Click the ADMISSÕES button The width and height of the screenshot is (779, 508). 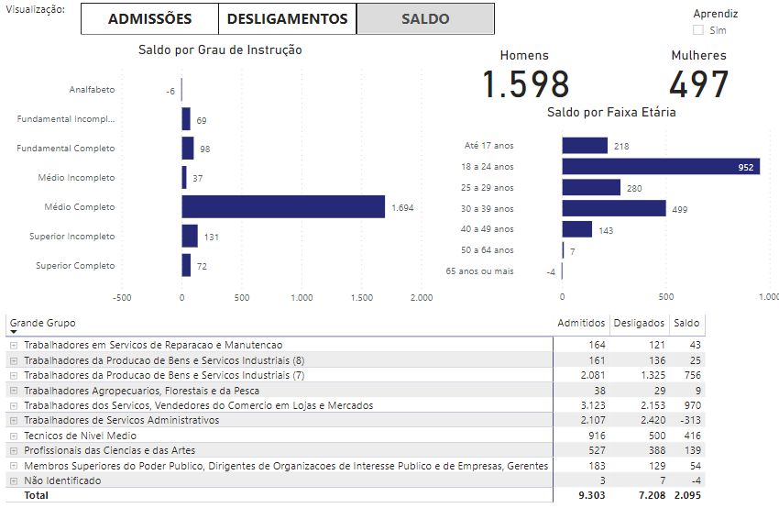(149, 18)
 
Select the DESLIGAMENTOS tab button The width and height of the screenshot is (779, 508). (287, 18)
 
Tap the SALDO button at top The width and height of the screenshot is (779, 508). (425, 18)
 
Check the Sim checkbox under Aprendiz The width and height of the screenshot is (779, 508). (698, 30)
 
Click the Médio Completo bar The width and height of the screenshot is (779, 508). (283, 206)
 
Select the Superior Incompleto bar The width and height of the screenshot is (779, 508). (190, 236)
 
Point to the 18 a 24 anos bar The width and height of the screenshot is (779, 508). (660, 166)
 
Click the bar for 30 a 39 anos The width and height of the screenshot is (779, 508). (613, 208)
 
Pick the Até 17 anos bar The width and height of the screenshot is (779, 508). (585, 146)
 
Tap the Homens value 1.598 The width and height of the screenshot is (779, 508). (525, 84)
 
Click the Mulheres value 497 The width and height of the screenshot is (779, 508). (698, 84)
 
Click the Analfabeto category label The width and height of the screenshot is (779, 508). (92, 90)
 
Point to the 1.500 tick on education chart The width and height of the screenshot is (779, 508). (362, 297)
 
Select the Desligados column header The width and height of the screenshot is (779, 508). (639, 323)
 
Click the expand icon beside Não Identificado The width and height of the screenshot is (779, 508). (13, 480)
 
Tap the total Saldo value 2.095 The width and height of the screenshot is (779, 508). (686, 495)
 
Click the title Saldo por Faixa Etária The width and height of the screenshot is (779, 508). (611, 112)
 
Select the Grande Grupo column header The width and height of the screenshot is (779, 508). (42, 323)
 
